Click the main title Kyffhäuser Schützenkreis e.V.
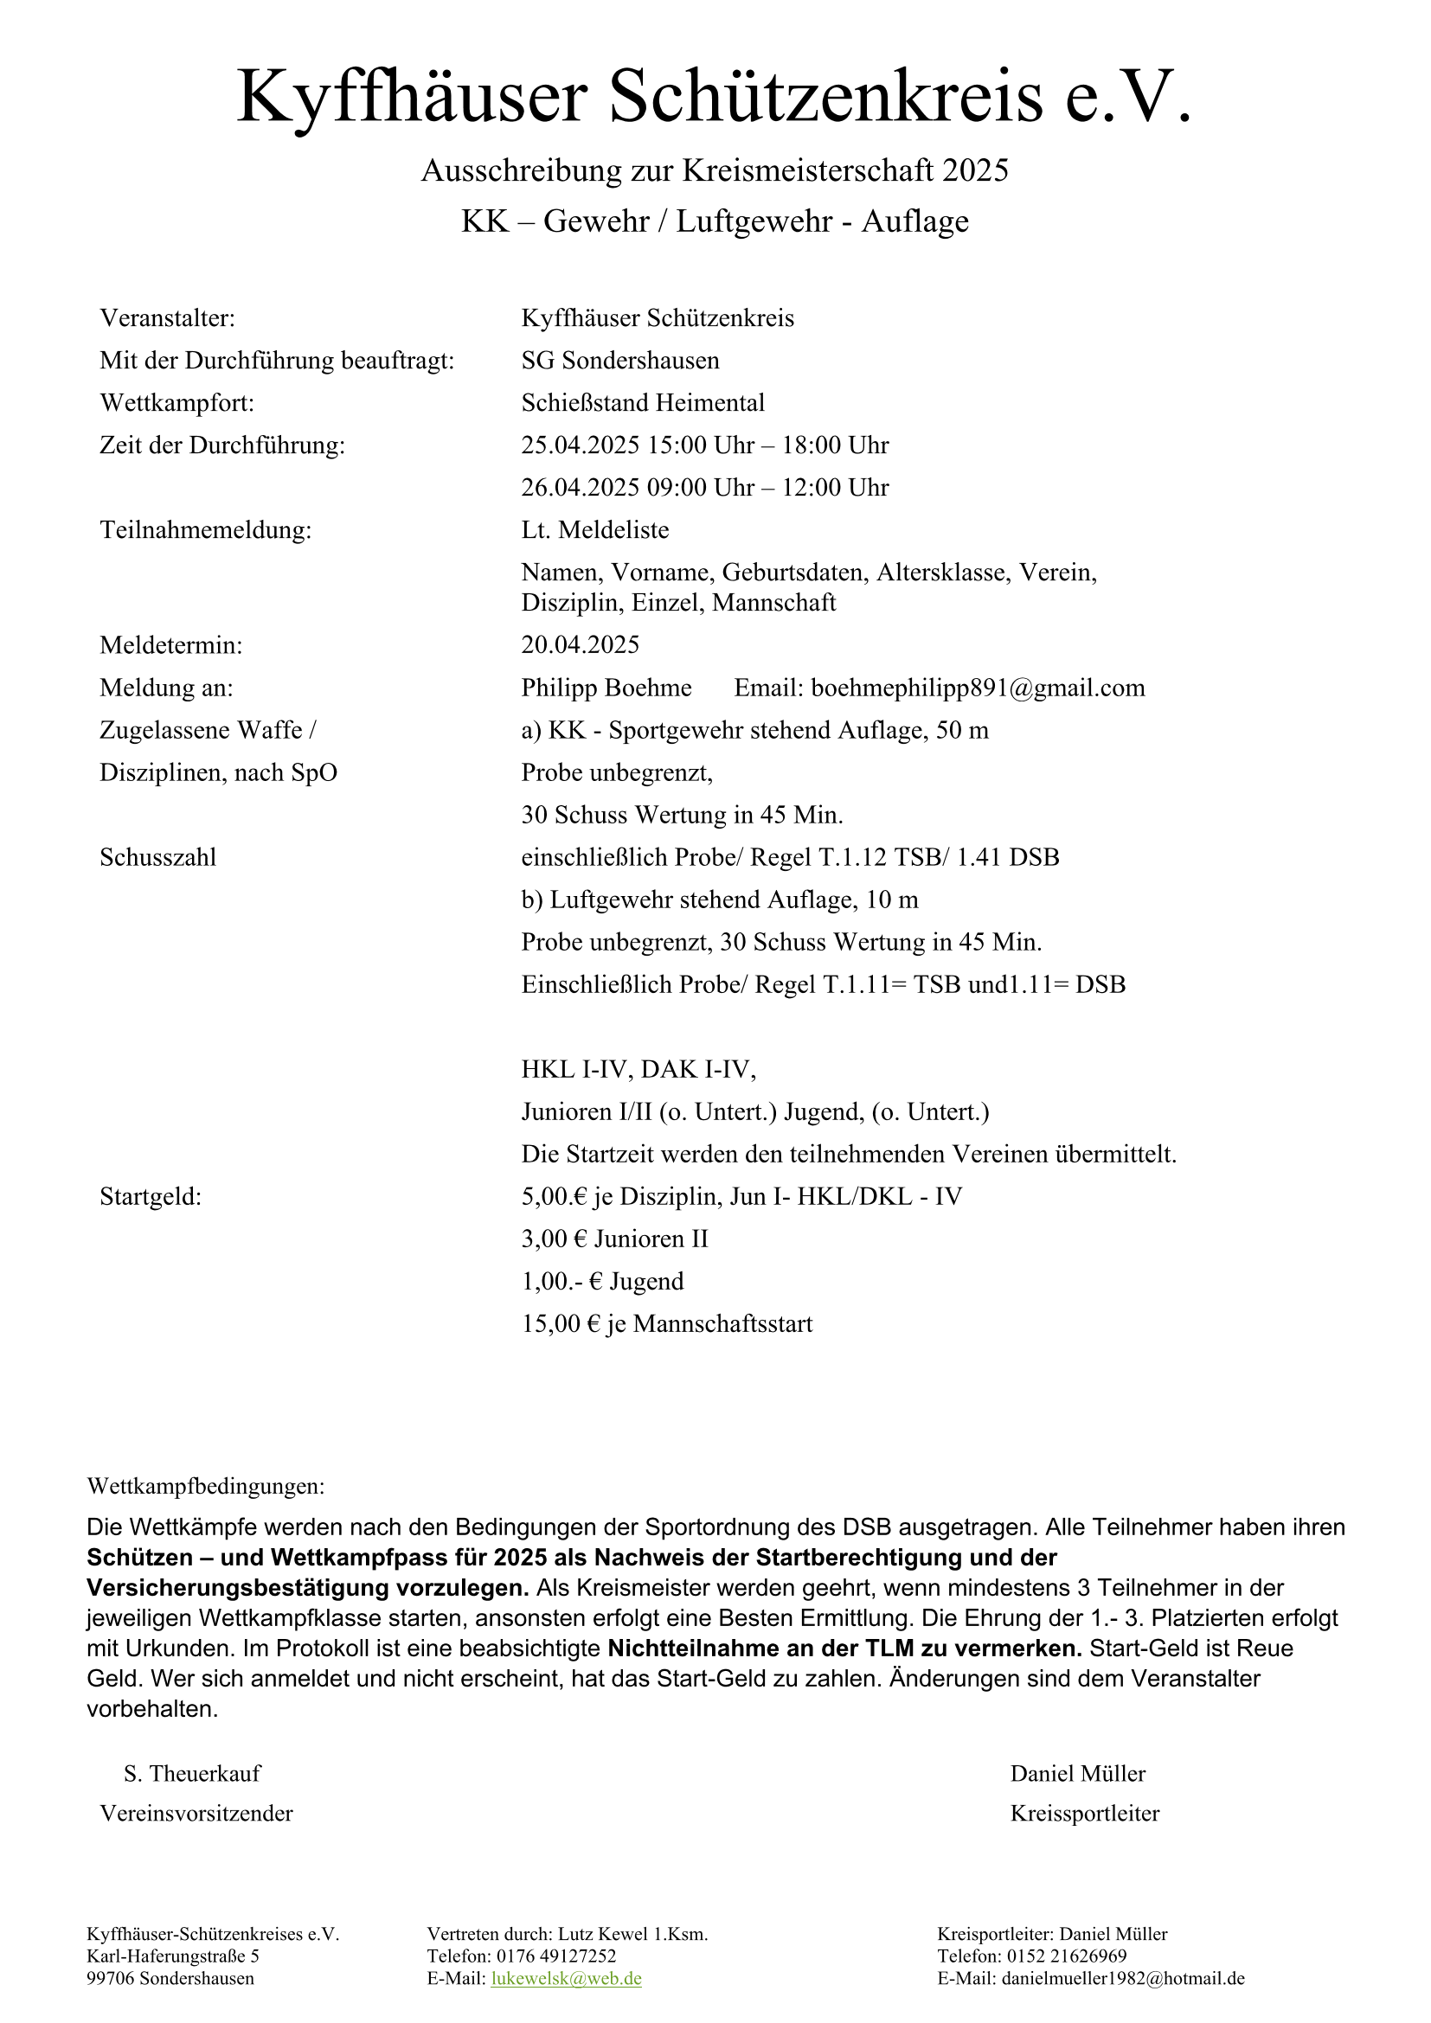coord(714,97)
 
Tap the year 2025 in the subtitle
coord(974,170)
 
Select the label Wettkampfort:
coord(176,404)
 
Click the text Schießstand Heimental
coord(642,404)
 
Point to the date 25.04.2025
coord(580,445)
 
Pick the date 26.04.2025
coord(580,488)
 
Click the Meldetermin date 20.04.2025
coord(580,645)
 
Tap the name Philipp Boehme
coord(606,688)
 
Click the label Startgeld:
coord(151,1196)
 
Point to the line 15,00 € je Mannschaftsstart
coord(666,1323)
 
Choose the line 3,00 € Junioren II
coord(614,1239)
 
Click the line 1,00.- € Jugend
coord(602,1281)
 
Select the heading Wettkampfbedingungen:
coord(205,1487)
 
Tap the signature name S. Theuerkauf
coord(192,1773)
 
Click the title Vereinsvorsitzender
coord(196,1814)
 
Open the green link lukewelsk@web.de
coord(566,1978)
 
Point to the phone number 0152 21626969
coord(1066,1956)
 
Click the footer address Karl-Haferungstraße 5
coord(173,1956)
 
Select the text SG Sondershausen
coord(619,362)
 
